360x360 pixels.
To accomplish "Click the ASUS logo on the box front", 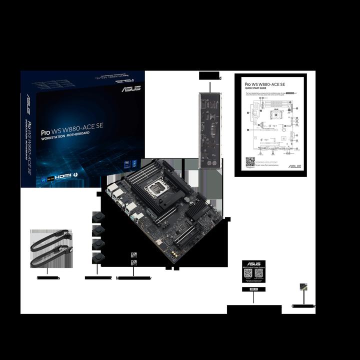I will (130, 89).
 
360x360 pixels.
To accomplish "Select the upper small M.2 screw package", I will (133, 254).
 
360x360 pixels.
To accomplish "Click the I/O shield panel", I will (210, 130).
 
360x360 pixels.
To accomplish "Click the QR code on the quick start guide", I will (250, 162).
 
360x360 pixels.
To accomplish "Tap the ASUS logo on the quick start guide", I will (294, 165).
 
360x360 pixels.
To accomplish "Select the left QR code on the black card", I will (248, 276).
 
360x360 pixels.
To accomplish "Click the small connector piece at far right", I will (303, 287).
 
